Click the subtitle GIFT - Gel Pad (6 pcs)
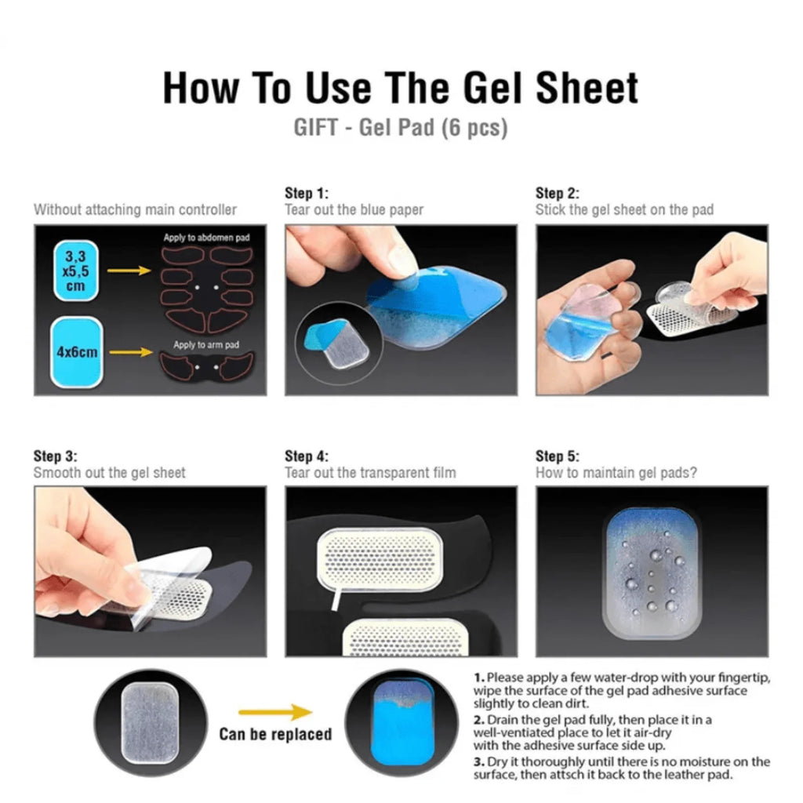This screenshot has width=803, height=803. coord(401,128)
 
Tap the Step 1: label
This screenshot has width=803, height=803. coord(307,193)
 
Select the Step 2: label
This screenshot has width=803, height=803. coord(558,193)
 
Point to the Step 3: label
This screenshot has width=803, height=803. coord(56,456)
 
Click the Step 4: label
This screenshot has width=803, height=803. coord(307,456)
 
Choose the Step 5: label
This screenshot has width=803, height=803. coord(558,456)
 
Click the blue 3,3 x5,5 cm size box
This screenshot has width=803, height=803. coord(75,271)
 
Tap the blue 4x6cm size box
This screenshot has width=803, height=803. coord(77,352)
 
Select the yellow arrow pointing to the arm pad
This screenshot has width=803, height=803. coord(130,352)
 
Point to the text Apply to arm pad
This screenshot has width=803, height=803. coord(206,345)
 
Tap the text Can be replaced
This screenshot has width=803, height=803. coord(275,735)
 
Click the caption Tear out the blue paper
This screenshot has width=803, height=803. coord(354,210)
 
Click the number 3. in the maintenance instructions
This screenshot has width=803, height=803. coord(478,761)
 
